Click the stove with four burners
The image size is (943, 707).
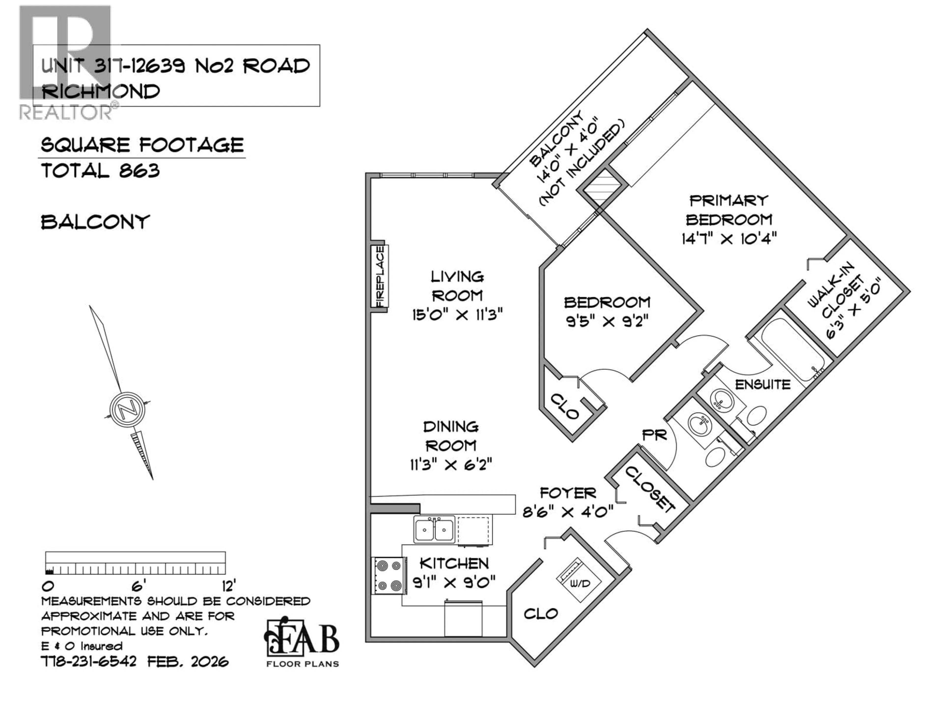click(x=388, y=576)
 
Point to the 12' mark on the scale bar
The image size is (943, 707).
click(x=228, y=587)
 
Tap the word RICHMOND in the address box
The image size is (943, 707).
click(x=101, y=92)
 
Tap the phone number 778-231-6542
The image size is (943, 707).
click(x=89, y=661)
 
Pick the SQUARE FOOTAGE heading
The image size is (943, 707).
click(x=142, y=145)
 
